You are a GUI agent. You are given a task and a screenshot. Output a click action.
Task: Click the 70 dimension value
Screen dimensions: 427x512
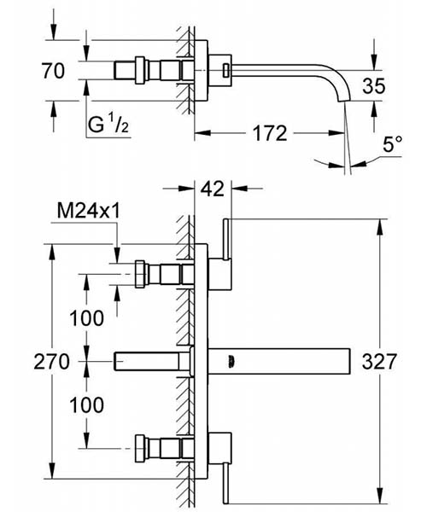[53, 71]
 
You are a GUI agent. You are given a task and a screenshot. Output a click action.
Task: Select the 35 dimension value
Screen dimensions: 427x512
[373, 86]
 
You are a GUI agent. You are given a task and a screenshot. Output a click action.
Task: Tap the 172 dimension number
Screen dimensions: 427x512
[270, 133]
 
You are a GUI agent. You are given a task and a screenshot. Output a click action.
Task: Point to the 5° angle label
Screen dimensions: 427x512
[392, 144]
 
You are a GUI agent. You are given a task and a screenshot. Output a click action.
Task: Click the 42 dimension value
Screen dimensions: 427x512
[213, 189]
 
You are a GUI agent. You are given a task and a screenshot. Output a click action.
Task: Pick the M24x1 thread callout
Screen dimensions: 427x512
[89, 211]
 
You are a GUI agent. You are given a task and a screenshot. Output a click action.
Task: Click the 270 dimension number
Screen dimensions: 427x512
[51, 362]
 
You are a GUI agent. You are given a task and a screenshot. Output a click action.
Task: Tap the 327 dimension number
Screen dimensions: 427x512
[379, 362]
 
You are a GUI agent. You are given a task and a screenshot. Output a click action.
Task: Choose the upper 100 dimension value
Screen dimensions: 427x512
[86, 318]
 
